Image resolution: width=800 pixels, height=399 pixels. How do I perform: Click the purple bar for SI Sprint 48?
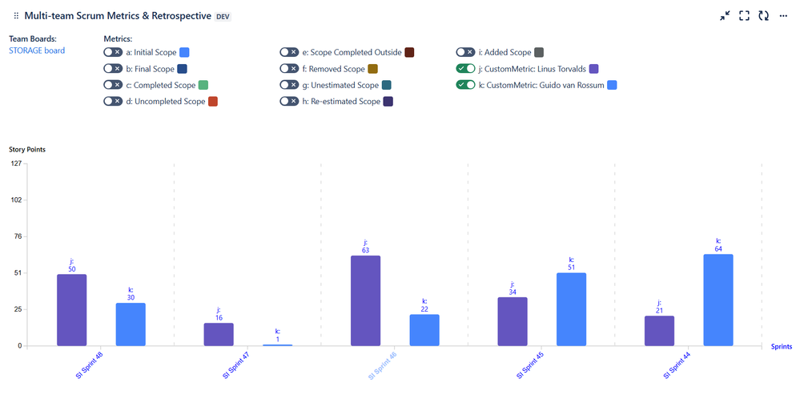pyautogui.click(x=71, y=310)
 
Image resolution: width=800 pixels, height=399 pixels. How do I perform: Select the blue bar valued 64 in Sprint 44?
pyautogui.click(x=718, y=300)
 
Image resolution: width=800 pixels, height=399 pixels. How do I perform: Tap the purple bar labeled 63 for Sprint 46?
pyautogui.click(x=365, y=300)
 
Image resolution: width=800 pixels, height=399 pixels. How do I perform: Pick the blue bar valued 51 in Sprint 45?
pyautogui.click(x=571, y=309)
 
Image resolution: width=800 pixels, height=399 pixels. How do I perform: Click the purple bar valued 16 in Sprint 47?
pyautogui.click(x=219, y=334)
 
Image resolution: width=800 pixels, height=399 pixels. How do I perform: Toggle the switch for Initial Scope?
pyautogui.click(x=113, y=52)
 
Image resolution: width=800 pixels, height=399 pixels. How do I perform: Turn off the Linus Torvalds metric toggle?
pyautogui.click(x=465, y=69)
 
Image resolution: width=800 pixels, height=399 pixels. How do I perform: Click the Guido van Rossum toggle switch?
pyautogui.click(x=465, y=85)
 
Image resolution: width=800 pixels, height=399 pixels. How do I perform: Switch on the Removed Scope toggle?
pyautogui.click(x=289, y=69)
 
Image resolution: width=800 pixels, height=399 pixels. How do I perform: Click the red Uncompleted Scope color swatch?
pyautogui.click(x=213, y=102)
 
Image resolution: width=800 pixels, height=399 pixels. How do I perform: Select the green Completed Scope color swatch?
pyautogui.click(x=203, y=85)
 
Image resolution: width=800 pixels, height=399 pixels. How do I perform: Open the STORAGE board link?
pyautogui.click(x=37, y=50)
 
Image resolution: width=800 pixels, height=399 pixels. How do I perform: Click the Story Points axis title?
pyautogui.click(x=26, y=149)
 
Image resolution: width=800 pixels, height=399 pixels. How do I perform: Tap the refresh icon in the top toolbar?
pyautogui.click(x=763, y=15)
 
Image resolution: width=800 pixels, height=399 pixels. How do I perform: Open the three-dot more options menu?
pyautogui.click(x=784, y=15)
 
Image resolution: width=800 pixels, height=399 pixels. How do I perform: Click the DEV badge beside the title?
pyautogui.click(x=223, y=16)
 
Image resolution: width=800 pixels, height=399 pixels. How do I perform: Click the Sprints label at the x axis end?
pyautogui.click(x=782, y=347)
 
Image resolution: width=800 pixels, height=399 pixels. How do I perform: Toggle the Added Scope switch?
pyautogui.click(x=465, y=52)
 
